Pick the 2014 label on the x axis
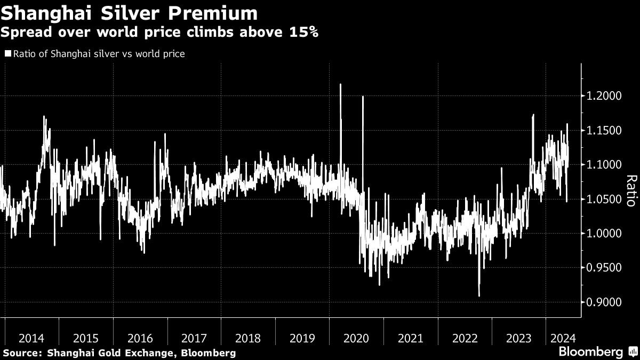[x=31, y=338]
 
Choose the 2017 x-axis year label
[x=194, y=338]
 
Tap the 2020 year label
[x=356, y=338]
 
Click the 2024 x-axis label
[x=563, y=338]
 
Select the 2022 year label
[x=465, y=338]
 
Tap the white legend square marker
[x=7, y=54]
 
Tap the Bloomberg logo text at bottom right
[x=590, y=352]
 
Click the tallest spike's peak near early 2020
[x=340, y=84]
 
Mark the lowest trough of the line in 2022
[x=479, y=295]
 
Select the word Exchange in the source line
[x=156, y=353]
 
